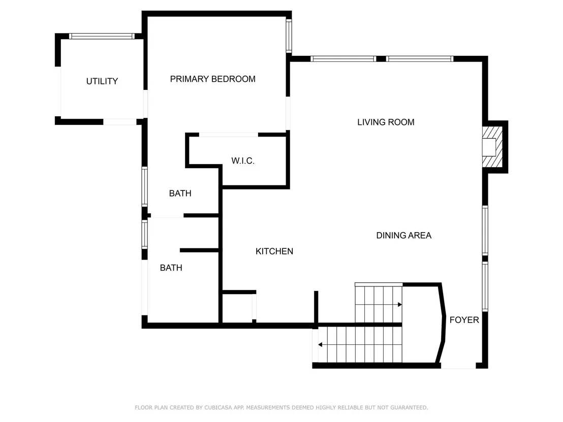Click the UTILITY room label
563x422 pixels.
point(102,81)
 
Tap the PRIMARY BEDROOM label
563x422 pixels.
point(212,79)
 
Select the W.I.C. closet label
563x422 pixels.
point(243,161)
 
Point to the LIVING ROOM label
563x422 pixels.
point(386,122)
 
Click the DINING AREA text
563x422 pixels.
point(403,236)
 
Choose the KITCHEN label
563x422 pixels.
point(274,251)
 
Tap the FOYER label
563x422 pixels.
point(464,320)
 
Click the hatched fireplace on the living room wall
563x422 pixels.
point(492,146)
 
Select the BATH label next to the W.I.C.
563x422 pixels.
point(180,193)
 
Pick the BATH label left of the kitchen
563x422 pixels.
point(171,268)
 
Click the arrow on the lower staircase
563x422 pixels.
point(320,345)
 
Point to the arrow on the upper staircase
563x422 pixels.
point(399,305)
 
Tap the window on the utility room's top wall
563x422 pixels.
point(102,36)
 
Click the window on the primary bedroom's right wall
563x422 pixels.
point(289,36)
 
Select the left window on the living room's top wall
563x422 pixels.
point(343,59)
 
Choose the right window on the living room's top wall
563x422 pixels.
point(420,59)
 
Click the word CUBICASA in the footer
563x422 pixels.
point(218,408)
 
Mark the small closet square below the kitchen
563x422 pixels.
point(237,308)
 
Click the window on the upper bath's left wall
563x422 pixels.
point(144,186)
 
